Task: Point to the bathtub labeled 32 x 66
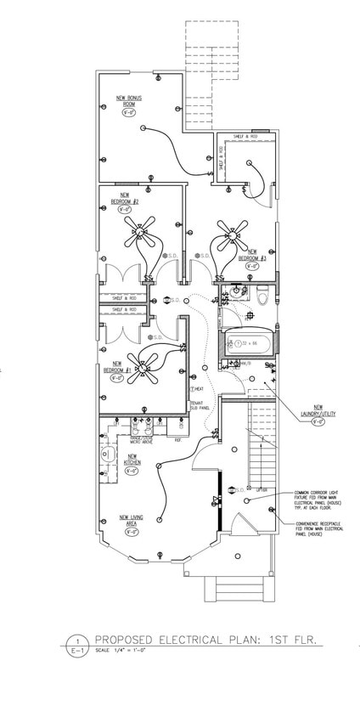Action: click(245, 344)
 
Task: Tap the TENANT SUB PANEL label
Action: click(200, 404)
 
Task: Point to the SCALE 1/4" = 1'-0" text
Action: click(118, 651)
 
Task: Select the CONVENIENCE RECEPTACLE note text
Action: click(319, 528)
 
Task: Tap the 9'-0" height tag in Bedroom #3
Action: click(251, 265)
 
